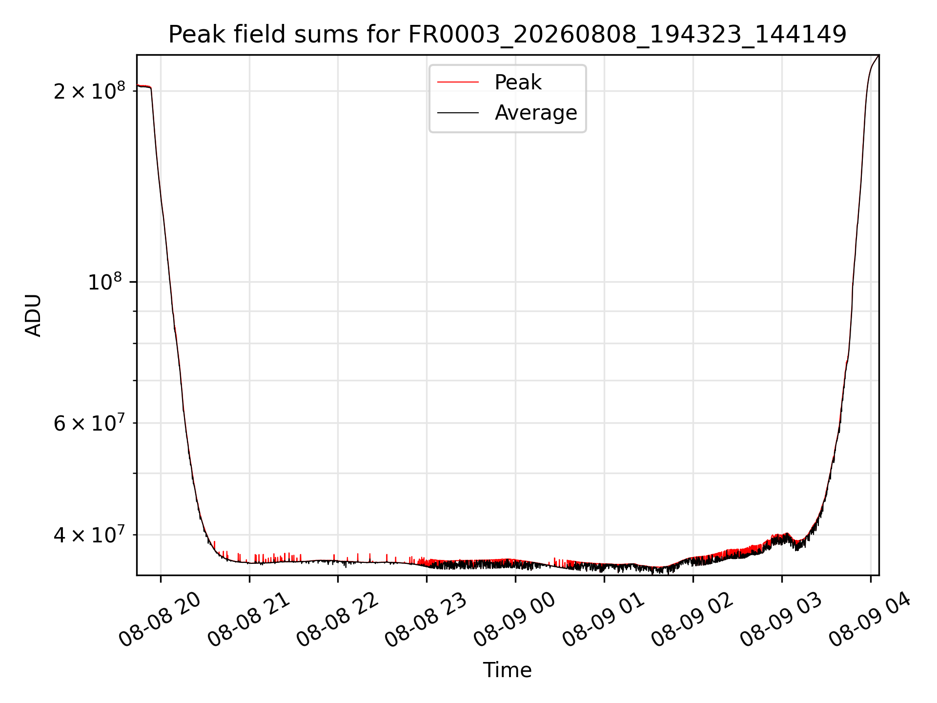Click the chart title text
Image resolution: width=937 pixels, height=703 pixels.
coord(507,35)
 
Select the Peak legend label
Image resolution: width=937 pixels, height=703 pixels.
coord(518,82)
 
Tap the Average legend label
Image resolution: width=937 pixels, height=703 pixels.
coord(536,113)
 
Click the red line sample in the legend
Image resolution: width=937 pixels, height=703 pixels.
coord(458,83)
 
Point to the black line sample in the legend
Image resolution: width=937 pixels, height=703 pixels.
coord(458,113)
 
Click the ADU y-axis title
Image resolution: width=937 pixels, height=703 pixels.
coord(33,315)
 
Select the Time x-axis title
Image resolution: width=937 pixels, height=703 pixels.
coord(507,670)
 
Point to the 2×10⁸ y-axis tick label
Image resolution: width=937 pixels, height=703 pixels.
coord(89,90)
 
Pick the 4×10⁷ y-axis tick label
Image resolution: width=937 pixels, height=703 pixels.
coord(89,534)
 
